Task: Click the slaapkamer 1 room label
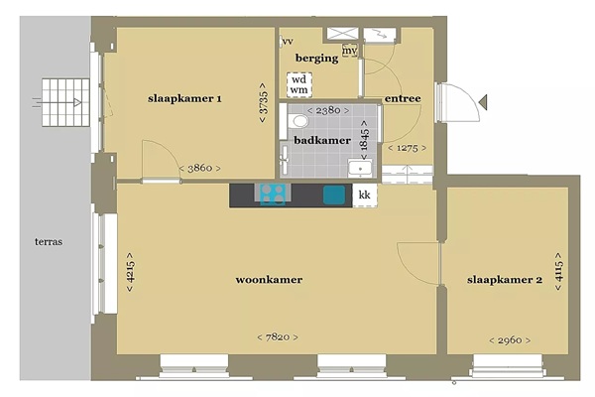click(184, 99)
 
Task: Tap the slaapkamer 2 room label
click(505, 280)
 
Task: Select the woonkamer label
click(269, 280)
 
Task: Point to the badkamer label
click(322, 140)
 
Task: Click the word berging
click(317, 59)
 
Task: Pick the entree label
click(403, 99)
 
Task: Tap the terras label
click(49, 241)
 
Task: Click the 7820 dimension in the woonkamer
click(278, 337)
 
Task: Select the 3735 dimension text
click(263, 103)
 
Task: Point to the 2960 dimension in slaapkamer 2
click(510, 340)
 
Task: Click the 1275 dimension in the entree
click(407, 148)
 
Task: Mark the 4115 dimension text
click(558, 271)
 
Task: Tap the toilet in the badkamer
click(298, 121)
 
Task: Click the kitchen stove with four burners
click(273, 195)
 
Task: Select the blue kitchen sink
click(334, 195)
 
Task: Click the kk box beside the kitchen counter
click(365, 196)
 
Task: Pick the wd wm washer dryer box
click(299, 85)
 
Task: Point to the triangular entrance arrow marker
click(483, 102)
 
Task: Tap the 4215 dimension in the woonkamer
click(130, 272)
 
